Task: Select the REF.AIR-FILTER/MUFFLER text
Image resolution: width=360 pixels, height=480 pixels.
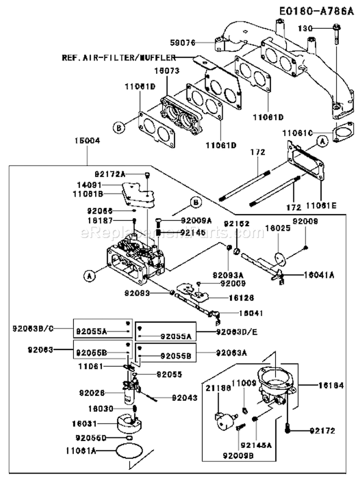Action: coord(118,58)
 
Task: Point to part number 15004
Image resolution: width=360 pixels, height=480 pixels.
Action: coord(87,142)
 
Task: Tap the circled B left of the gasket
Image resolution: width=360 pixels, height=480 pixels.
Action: coord(119,128)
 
